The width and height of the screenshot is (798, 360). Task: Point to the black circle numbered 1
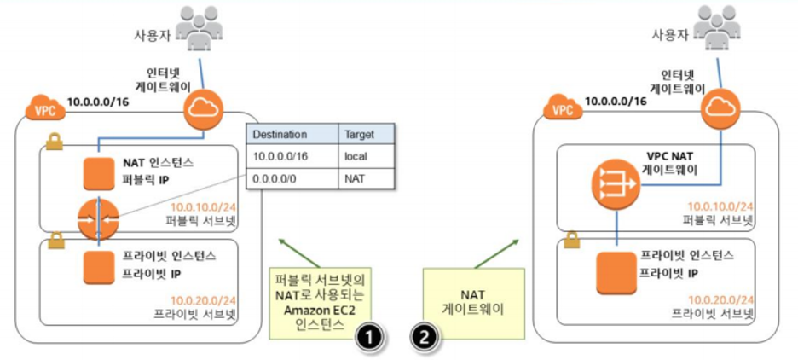[x=368, y=337]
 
